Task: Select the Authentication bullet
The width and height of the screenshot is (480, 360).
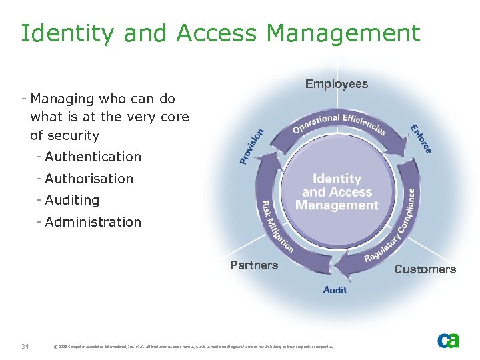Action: (x=93, y=157)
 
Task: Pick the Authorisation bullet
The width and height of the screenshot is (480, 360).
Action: (x=89, y=179)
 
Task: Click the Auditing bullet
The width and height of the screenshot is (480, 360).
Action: (x=72, y=200)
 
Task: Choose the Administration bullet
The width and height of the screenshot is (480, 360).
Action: (x=93, y=222)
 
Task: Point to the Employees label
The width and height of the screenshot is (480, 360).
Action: (x=337, y=84)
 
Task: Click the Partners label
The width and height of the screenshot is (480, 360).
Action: (x=254, y=265)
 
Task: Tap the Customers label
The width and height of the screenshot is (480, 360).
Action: (x=425, y=269)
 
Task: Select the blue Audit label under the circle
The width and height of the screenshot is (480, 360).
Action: (x=335, y=290)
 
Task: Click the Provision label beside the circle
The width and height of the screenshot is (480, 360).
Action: (x=251, y=146)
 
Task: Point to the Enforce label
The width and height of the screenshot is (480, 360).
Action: (x=421, y=139)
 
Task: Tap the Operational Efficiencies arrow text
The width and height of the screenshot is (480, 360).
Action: (x=339, y=124)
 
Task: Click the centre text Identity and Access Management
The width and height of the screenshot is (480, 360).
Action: (x=337, y=192)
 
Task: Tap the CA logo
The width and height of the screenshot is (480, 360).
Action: (x=448, y=340)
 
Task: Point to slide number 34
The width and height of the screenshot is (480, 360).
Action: (x=25, y=346)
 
